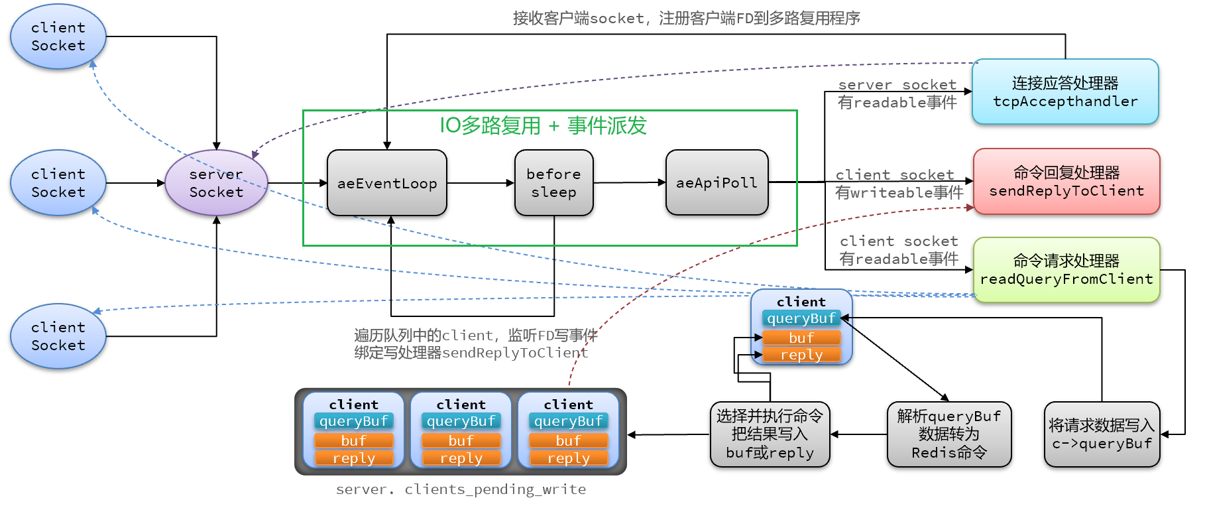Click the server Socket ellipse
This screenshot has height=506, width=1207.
click(216, 183)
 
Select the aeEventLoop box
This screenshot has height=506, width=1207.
click(387, 183)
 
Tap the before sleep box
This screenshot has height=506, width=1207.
click(553, 183)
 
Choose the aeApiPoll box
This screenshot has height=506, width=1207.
click(717, 182)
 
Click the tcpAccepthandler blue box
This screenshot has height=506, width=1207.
click(1064, 92)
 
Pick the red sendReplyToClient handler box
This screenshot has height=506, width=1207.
click(1066, 182)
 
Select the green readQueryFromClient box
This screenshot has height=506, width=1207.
click(1066, 270)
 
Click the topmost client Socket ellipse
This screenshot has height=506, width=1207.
click(58, 36)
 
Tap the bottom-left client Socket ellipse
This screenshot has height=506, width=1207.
click(58, 336)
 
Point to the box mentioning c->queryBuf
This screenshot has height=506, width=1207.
click(1102, 434)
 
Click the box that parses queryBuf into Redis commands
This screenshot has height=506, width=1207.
click(948, 434)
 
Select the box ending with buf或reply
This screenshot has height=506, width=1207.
click(770, 434)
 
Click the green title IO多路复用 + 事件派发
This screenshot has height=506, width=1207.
click(543, 125)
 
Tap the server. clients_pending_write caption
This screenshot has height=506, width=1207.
click(461, 489)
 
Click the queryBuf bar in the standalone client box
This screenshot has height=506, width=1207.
click(801, 318)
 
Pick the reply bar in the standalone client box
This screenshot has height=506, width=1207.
click(801, 355)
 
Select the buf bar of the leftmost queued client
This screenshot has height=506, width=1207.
click(353, 440)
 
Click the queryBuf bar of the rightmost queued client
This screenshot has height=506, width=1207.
click(568, 421)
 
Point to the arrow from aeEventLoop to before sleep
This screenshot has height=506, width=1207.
click(481, 183)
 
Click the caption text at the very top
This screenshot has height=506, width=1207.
click(686, 19)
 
